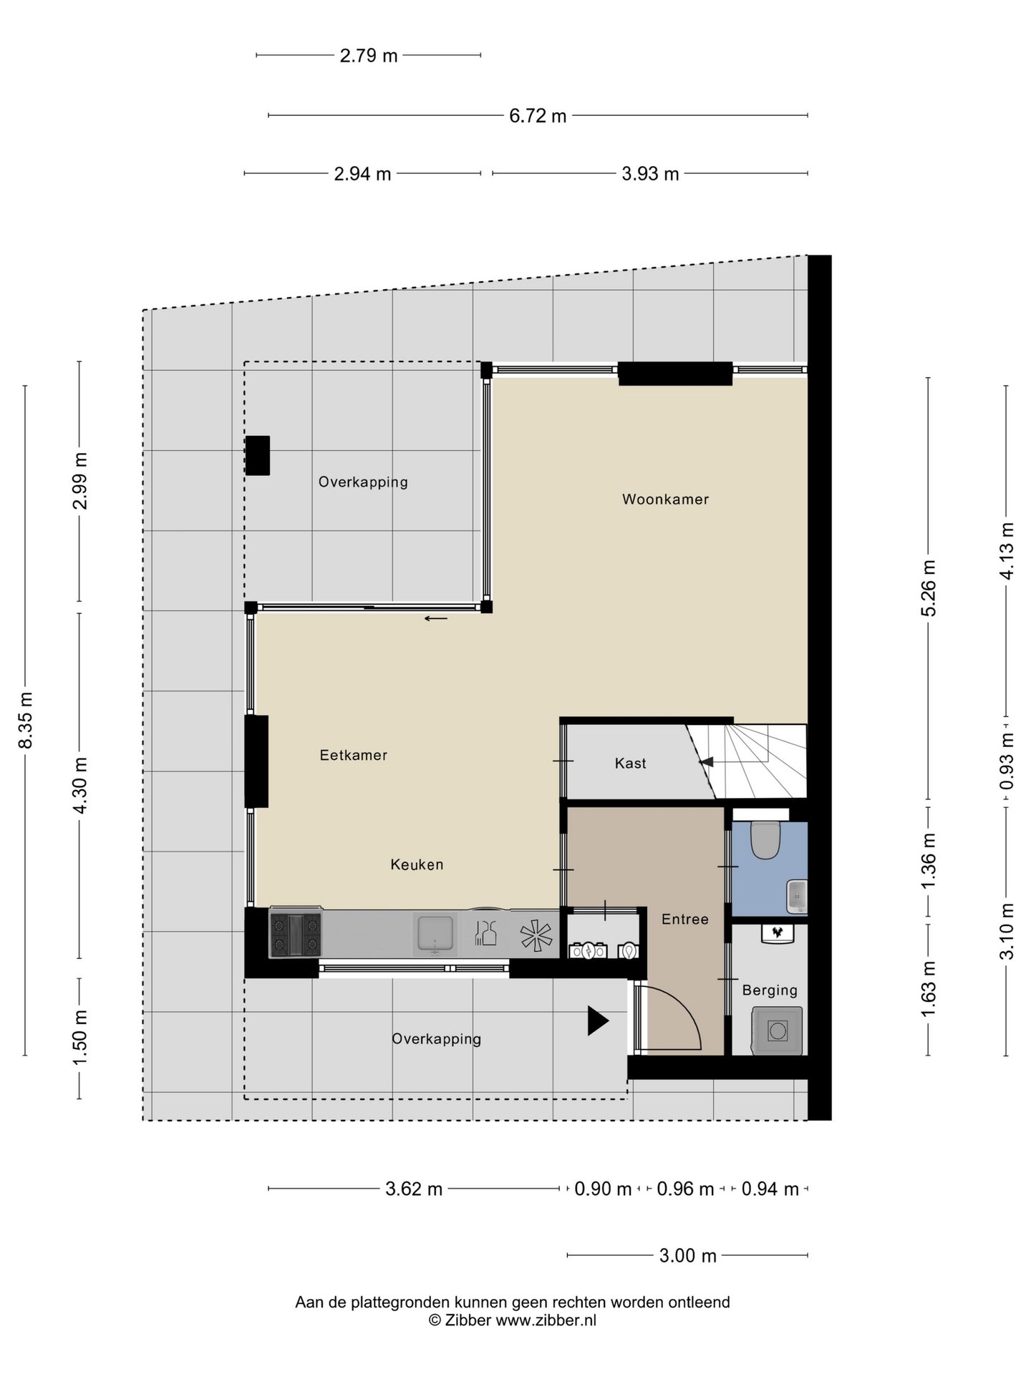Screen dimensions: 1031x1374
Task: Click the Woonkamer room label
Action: click(x=665, y=500)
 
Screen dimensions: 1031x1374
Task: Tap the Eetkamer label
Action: click(x=354, y=755)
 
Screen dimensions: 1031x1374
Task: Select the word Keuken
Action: click(x=417, y=864)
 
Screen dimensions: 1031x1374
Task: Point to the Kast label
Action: click(x=630, y=764)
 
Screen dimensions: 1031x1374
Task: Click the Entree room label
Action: click(x=685, y=919)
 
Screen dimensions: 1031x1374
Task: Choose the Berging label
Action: click(x=770, y=990)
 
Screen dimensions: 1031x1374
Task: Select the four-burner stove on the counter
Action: click(x=295, y=934)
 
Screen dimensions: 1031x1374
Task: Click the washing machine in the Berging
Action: click(x=777, y=1030)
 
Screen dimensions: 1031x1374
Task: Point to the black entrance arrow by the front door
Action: click(x=598, y=1020)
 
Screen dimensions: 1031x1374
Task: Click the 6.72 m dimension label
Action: click(x=538, y=116)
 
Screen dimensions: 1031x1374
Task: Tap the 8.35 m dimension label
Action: click(x=26, y=720)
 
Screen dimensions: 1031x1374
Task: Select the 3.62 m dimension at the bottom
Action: click(x=414, y=1189)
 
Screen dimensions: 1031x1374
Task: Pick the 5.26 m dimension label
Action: click(x=929, y=588)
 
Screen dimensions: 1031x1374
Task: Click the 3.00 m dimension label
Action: click(x=687, y=1256)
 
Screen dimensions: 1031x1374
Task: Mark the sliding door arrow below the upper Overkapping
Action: click(x=436, y=618)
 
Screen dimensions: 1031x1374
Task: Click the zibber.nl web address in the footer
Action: click(x=546, y=1321)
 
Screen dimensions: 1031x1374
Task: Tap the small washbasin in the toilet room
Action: click(x=796, y=897)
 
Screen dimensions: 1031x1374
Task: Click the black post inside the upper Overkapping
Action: click(x=258, y=455)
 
